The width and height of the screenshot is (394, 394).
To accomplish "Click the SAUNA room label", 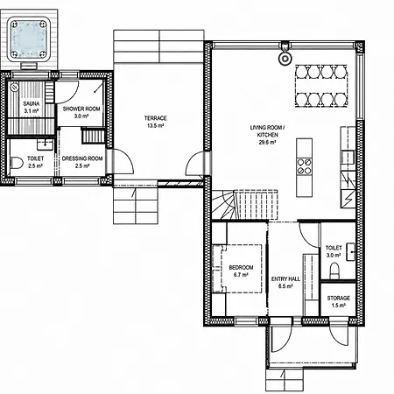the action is point(32,103).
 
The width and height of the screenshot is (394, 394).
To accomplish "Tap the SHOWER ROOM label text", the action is point(81,109).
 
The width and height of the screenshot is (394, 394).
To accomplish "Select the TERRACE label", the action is point(156,118).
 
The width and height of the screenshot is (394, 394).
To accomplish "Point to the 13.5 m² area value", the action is point(156,126).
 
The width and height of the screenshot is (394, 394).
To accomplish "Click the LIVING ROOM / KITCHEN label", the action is point(268,131).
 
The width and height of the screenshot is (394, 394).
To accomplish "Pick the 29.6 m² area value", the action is point(268,143).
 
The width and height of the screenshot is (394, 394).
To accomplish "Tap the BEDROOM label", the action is point(241,267).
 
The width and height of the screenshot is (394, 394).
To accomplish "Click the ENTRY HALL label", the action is point(285,279).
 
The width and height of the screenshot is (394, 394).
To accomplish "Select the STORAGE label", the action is point(339,298).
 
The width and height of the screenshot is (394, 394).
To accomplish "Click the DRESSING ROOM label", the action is point(82,158).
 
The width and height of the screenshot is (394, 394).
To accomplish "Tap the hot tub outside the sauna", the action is point(29,39).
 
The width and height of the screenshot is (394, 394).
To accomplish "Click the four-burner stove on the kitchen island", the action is point(304,166).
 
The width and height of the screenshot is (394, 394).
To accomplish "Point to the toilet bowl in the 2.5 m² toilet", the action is point(17,163).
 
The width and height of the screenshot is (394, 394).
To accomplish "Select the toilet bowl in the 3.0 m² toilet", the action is point(334,271).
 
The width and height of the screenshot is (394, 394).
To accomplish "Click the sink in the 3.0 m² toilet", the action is point(350,252).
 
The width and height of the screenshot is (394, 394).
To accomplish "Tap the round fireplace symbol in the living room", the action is point(285,59).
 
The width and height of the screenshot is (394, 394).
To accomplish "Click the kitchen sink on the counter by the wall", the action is point(348,158).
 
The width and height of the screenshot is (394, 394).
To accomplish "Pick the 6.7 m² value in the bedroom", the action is point(241,275).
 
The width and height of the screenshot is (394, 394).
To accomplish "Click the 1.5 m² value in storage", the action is point(339,306).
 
